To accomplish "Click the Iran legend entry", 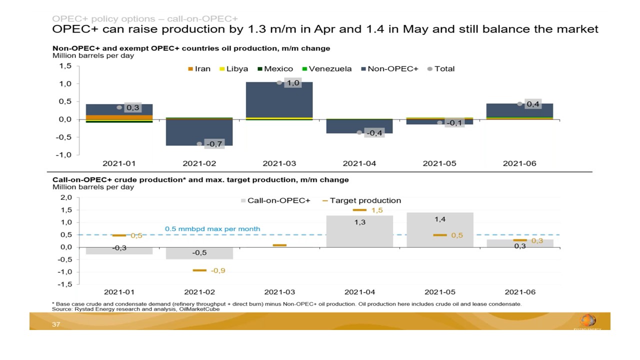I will (x=199, y=69).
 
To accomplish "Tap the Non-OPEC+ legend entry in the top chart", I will (x=389, y=69).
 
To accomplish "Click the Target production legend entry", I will (x=361, y=200).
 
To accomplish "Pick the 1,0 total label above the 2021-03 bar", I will (x=292, y=83).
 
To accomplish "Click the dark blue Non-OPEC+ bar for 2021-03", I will (x=279, y=100).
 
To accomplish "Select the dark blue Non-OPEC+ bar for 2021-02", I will (x=199, y=132).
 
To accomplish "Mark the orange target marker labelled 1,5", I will (x=359, y=210).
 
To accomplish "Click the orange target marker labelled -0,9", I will (x=199, y=270).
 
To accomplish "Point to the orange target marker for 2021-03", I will (x=279, y=245).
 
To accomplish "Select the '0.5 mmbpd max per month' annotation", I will (x=212, y=229).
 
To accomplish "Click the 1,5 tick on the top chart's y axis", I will (x=65, y=66).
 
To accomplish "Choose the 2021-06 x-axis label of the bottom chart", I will (x=519, y=292).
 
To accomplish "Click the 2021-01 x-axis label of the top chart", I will (x=119, y=163).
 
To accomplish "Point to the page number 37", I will (x=56, y=325).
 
